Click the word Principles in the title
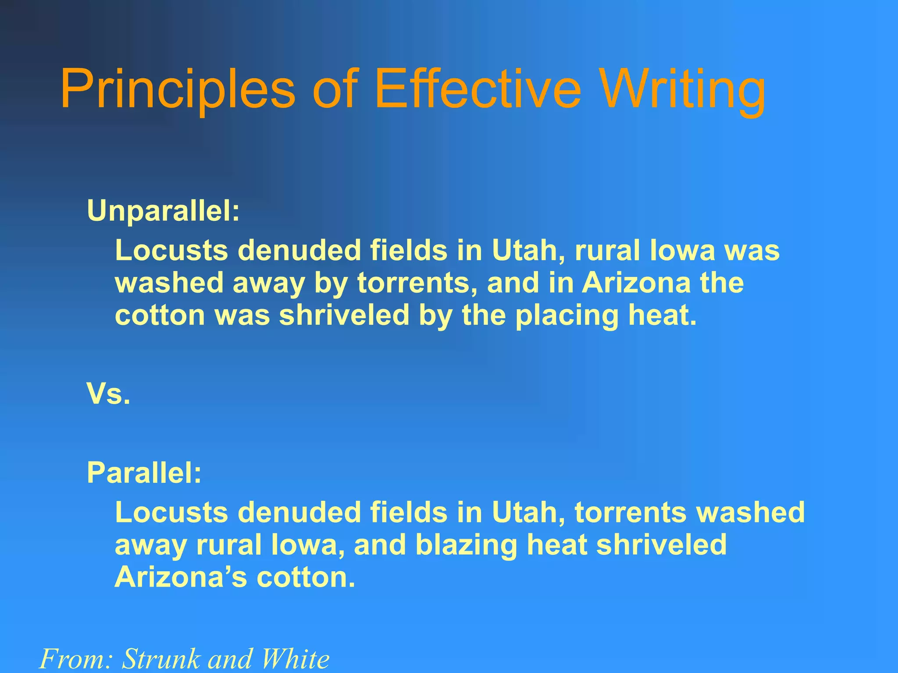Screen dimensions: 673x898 [178, 90]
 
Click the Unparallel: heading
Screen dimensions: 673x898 [164, 211]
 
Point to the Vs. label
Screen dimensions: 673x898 [108, 393]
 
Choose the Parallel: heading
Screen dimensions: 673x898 [144, 473]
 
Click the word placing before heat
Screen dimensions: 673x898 [567, 316]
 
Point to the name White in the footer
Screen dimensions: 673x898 [295, 659]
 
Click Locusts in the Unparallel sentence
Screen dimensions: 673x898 [171, 251]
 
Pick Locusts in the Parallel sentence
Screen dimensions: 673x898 [171, 512]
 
